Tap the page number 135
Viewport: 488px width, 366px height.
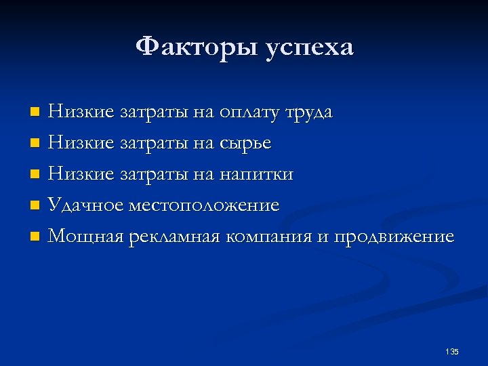pos(452,351)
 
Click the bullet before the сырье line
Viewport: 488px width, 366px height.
pos(35,143)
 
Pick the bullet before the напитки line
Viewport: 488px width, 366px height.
pos(35,175)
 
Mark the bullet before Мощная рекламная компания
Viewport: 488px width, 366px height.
pos(35,237)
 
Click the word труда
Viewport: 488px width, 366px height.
pos(308,113)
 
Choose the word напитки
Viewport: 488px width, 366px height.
pos(256,175)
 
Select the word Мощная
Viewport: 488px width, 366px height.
pos(85,237)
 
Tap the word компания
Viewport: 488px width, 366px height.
pos(274,237)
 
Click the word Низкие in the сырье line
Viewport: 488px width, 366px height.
pos(81,143)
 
